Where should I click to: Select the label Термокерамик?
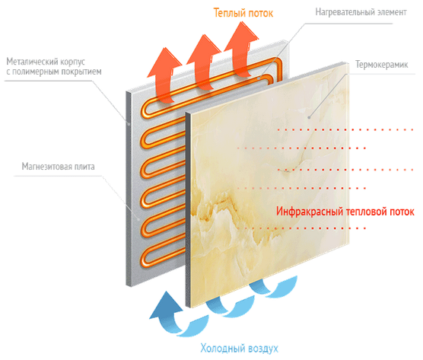point(381,65)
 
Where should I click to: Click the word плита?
point(84,166)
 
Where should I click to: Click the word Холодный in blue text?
point(218,348)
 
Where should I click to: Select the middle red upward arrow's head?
point(204,49)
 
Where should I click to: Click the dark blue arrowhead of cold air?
point(166,305)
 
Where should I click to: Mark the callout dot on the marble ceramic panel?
point(309,118)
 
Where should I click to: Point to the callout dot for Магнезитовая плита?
point(138,219)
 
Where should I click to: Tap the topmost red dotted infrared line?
point(345,130)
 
